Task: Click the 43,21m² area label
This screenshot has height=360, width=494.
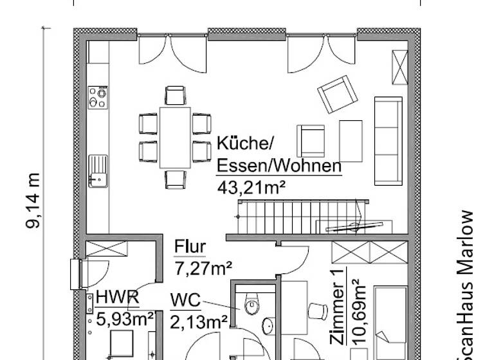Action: click(252, 187)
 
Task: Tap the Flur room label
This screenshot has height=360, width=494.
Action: click(190, 247)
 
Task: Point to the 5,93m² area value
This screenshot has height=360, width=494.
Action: click(125, 317)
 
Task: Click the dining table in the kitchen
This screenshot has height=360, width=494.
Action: click(175, 138)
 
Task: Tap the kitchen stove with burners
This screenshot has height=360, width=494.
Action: click(98, 97)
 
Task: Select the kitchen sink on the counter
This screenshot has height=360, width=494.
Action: click(98, 170)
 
